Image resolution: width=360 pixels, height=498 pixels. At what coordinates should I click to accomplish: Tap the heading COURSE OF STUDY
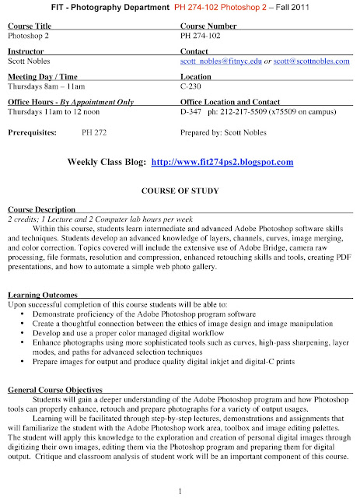click(x=180, y=191)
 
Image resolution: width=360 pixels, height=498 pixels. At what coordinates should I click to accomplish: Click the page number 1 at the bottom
click(x=179, y=492)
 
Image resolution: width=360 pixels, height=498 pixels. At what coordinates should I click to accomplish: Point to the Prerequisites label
click(x=32, y=133)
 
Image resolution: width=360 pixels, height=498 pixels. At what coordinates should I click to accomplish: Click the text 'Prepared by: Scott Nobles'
click(x=225, y=133)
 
